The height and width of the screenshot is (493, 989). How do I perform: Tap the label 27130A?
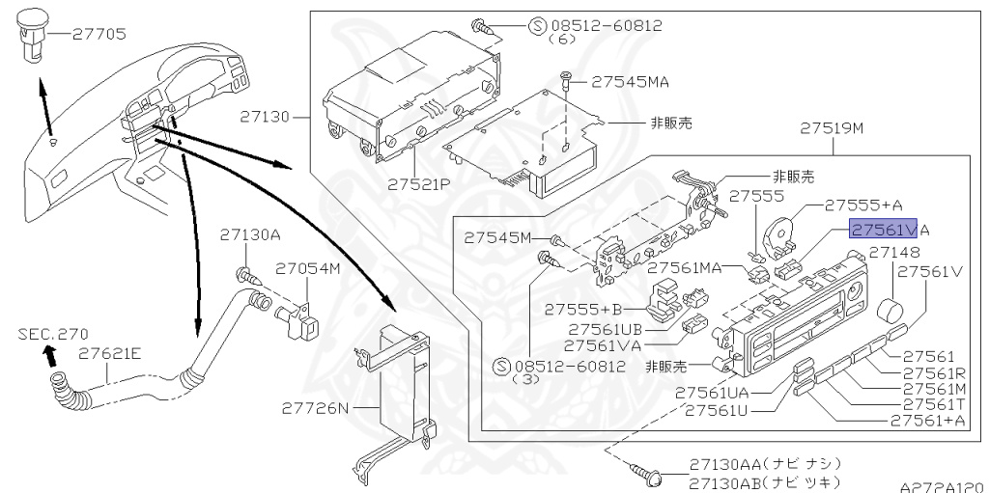coord(249,234)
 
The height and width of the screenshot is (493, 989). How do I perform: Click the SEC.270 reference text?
coord(53,333)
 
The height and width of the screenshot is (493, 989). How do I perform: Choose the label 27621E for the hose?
coord(110,353)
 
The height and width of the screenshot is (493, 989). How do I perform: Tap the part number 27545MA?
coord(630,83)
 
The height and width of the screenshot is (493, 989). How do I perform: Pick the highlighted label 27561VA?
coord(889,229)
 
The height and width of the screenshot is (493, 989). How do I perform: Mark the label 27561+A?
coord(927,421)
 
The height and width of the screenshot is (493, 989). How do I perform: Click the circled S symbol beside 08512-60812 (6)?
coord(539,25)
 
